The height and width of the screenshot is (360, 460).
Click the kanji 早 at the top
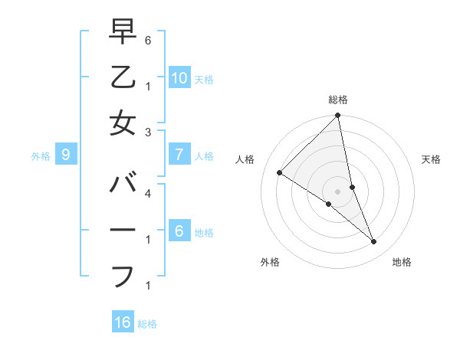click(x=123, y=31)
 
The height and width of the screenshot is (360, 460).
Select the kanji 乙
click(x=123, y=77)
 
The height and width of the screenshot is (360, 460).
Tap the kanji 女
click(x=123, y=123)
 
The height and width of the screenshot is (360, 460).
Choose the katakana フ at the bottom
click(x=123, y=277)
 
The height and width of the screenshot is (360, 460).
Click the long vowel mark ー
click(x=123, y=231)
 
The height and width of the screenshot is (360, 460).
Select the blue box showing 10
click(x=179, y=78)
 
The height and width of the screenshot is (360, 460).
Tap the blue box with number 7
click(x=179, y=155)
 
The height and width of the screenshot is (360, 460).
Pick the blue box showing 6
click(x=179, y=231)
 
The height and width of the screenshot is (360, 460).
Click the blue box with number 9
click(x=66, y=155)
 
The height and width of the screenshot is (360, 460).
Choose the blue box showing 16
click(x=123, y=322)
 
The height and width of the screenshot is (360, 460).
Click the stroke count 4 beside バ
click(x=147, y=194)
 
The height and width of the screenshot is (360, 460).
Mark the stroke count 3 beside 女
click(x=147, y=133)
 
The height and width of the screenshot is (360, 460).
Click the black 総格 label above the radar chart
click(x=338, y=100)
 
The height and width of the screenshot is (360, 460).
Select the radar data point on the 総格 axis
click(x=337, y=116)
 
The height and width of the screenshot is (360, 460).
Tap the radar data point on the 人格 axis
click(x=279, y=172)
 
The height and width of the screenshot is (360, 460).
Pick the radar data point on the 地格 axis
click(x=374, y=242)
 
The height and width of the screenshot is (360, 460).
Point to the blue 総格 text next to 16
click(x=147, y=324)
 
